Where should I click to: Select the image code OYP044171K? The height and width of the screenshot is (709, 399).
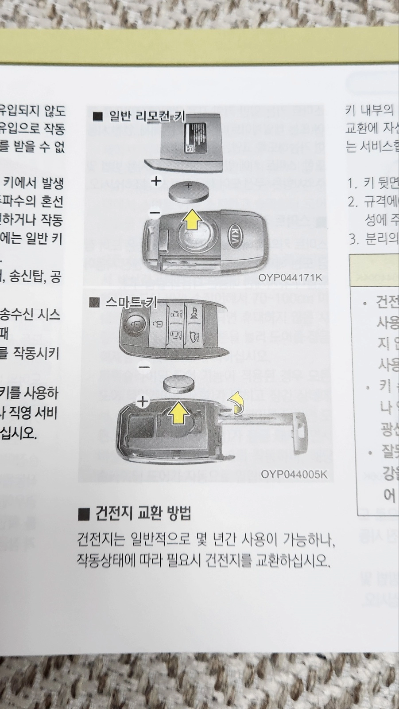(291, 278)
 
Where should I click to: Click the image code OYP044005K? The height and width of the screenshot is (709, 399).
(294, 474)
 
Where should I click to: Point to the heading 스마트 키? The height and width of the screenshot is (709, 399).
(131, 303)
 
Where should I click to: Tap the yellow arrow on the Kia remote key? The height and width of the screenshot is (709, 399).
(192, 220)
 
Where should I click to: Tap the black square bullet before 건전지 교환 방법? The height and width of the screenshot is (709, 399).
(84, 514)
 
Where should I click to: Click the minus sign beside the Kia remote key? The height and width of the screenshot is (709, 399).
(155, 214)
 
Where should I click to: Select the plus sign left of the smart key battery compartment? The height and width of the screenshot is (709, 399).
(143, 402)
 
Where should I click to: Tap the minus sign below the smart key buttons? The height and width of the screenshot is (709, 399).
(144, 367)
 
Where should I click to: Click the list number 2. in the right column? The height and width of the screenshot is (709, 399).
(353, 202)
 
